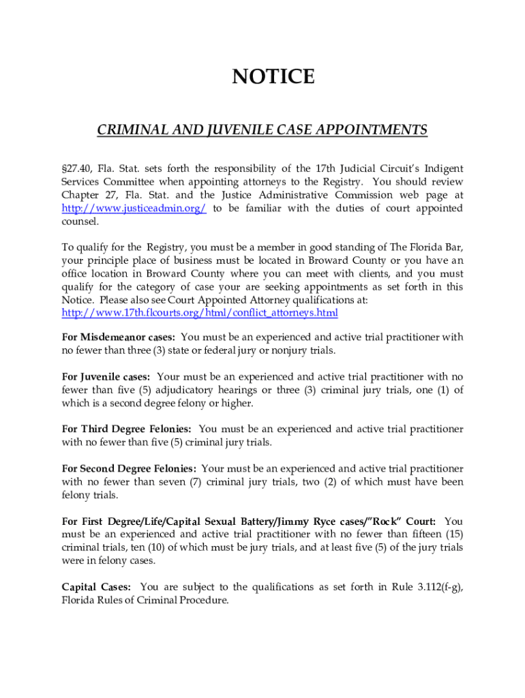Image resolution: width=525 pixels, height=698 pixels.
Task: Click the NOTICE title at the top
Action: [x=273, y=77]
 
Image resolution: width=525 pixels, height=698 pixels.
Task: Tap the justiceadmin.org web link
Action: [x=134, y=209]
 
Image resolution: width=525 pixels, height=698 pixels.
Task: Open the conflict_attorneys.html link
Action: [x=200, y=313]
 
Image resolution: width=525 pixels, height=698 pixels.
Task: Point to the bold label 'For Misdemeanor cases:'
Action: [x=119, y=337]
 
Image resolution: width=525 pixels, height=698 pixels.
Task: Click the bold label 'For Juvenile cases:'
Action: [x=106, y=377]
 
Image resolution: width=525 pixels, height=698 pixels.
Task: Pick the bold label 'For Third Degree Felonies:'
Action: [x=127, y=429]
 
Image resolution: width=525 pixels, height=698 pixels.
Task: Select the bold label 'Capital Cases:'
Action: [x=97, y=587]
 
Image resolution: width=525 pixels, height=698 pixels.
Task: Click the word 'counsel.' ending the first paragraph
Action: [x=80, y=222]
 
